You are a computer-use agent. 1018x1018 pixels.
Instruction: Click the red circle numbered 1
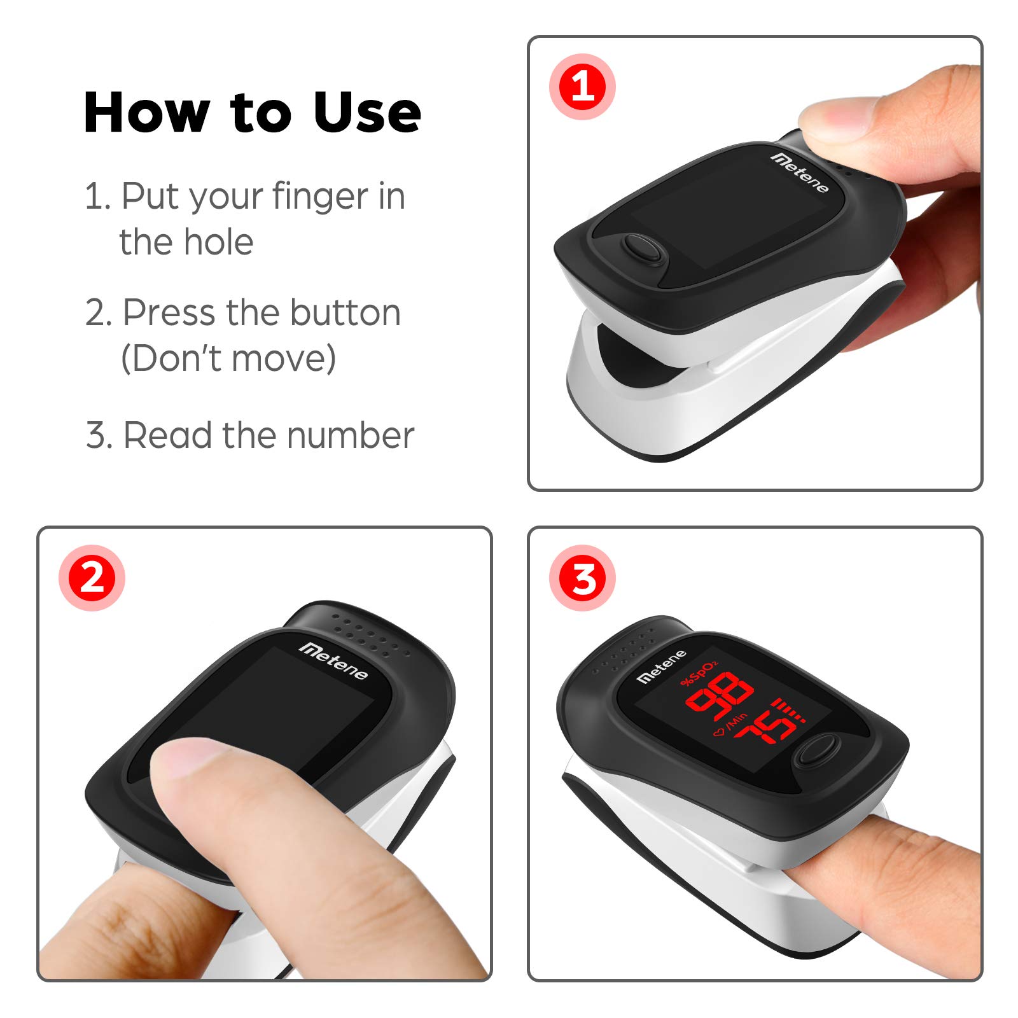tap(582, 87)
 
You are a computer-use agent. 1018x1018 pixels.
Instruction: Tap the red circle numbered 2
tap(92, 578)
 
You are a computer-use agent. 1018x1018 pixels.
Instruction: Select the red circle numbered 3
tap(582, 578)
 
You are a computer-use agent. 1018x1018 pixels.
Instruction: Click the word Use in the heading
tap(367, 113)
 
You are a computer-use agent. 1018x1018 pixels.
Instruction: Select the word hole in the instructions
tap(220, 242)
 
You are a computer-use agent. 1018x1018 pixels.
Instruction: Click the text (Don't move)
tap(228, 358)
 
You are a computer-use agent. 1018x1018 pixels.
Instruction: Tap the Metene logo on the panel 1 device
tap(800, 172)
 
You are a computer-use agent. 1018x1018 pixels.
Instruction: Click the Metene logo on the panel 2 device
tap(333, 660)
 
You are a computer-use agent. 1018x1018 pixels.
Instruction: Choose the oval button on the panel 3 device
tap(817, 750)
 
